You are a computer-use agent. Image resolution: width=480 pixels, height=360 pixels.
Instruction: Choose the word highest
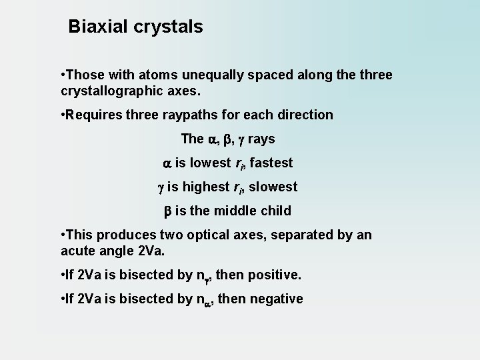click(211, 187)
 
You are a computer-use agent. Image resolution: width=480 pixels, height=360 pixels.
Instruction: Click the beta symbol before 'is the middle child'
click(169, 211)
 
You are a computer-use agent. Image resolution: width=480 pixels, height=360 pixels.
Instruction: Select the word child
click(276, 211)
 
